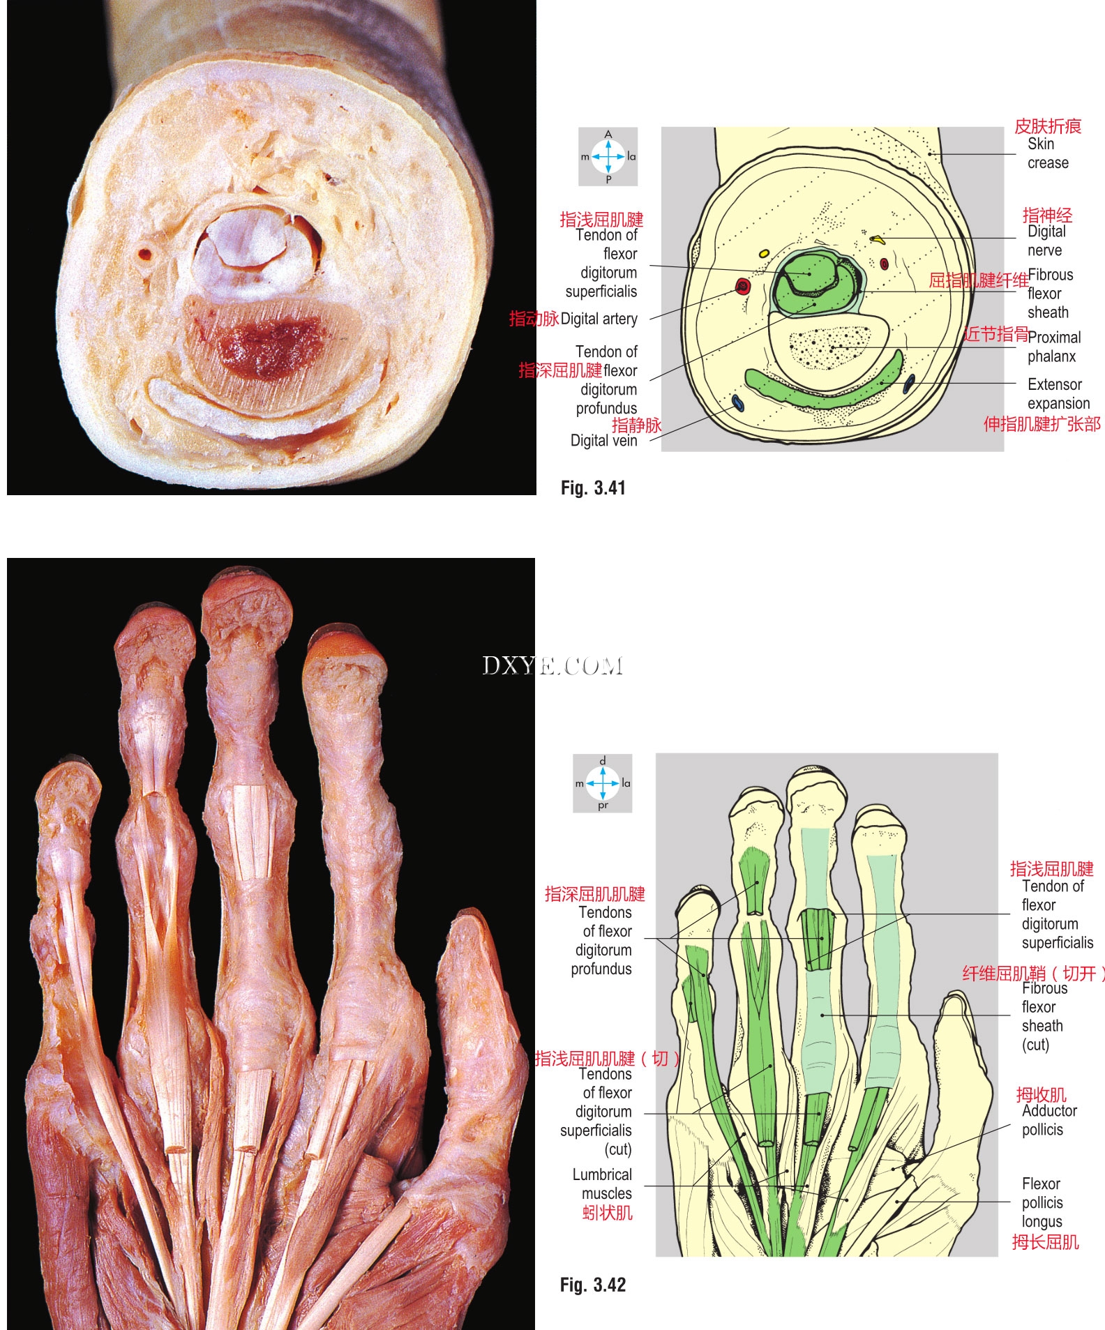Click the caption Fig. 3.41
click(x=593, y=488)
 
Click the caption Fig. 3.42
click(x=593, y=1285)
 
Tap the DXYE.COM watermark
click(x=552, y=666)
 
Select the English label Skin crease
click(x=1047, y=153)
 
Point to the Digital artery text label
click(x=599, y=319)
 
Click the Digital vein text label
click(x=603, y=441)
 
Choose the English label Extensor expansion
click(x=1058, y=394)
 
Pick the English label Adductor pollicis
click(x=1048, y=1120)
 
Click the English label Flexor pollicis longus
click(x=1042, y=1202)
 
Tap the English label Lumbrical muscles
click(x=603, y=1184)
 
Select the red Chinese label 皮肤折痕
click(x=1047, y=126)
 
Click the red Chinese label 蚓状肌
click(x=607, y=1213)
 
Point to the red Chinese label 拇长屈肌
click(x=1045, y=1241)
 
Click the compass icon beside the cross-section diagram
click(x=608, y=157)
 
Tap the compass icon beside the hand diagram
click(x=603, y=783)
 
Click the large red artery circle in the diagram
click(x=743, y=286)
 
